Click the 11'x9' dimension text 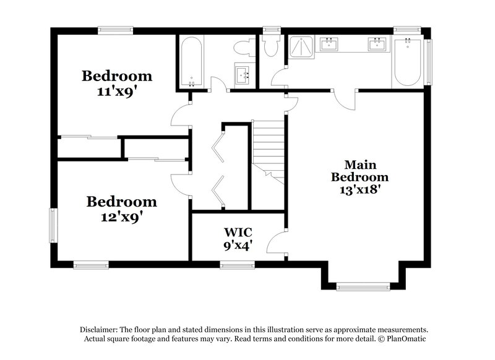point(117,92)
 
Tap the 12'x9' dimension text point(121,217)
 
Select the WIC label point(238,232)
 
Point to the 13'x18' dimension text point(359,190)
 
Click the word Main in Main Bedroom point(360,165)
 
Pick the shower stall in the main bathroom point(301,46)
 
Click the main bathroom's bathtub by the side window point(408,62)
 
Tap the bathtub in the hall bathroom point(191,62)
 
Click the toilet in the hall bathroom point(245,48)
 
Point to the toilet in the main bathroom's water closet point(271,45)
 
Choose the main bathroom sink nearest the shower point(329,44)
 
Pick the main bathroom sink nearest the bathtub point(377,44)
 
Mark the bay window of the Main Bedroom point(363,287)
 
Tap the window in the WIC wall point(238,265)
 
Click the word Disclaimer point(99,330)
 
